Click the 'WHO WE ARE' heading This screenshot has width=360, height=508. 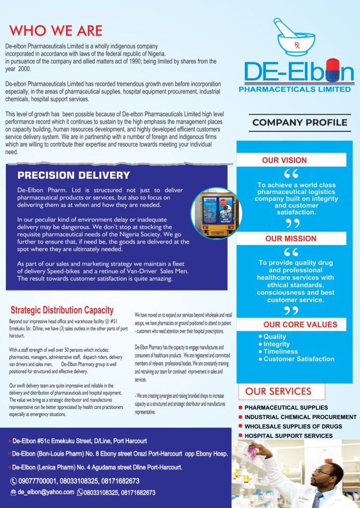(x=56, y=30)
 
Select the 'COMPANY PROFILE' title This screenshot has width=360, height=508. (x=299, y=123)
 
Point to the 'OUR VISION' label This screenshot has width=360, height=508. (x=285, y=160)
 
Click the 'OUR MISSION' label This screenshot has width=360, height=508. (x=290, y=239)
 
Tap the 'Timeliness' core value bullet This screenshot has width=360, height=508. (x=281, y=351)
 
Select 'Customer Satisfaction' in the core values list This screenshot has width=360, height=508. (x=298, y=359)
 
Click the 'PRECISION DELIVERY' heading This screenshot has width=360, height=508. (x=73, y=175)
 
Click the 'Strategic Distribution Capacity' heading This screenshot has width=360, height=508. (x=62, y=311)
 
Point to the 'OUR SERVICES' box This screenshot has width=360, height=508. (x=282, y=391)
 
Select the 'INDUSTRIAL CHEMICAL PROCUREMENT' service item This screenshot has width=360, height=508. (x=300, y=417)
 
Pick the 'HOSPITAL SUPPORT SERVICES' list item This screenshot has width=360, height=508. (x=288, y=436)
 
